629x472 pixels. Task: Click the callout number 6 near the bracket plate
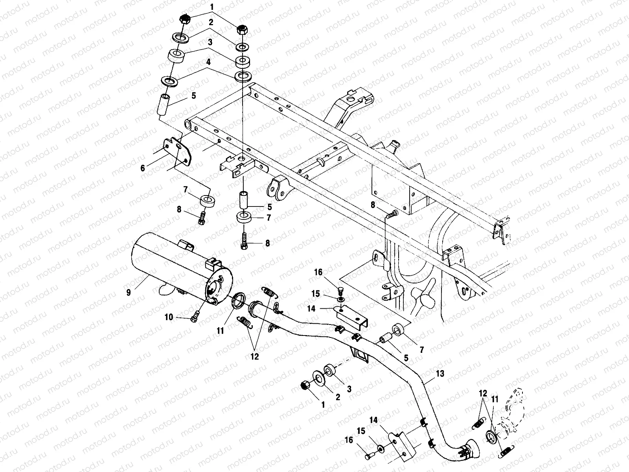pyautogui.click(x=143, y=168)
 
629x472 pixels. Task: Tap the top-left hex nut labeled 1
pyautogui.click(x=184, y=19)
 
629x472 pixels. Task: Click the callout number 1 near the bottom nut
pyautogui.click(x=323, y=404)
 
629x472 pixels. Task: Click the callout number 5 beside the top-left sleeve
pyautogui.click(x=193, y=96)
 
